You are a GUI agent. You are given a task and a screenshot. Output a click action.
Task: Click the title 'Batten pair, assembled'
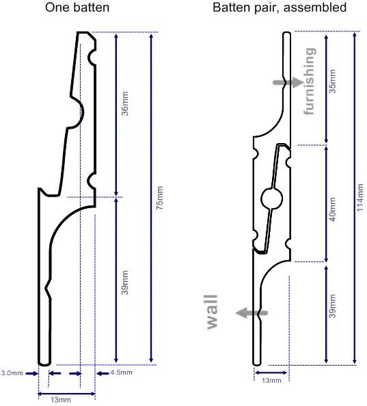pyautogui.click(x=279, y=8)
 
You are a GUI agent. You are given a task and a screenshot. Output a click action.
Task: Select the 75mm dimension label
pyautogui.click(x=160, y=198)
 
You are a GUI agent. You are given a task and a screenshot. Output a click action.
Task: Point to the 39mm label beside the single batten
pyautogui.click(x=125, y=281)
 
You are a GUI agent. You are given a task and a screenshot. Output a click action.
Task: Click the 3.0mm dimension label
pyautogui.click(x=12, y=373)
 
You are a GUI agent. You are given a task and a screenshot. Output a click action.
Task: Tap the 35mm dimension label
pyautogui.click(x=333, y=80)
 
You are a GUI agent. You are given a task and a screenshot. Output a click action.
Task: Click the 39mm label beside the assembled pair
pyautogui.click(x=333, y=305)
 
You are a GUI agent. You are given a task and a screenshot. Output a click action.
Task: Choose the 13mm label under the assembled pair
pyautogui.click(x=271, y=379)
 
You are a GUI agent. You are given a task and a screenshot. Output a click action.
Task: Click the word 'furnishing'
pyautogui.click(x=310, y=81)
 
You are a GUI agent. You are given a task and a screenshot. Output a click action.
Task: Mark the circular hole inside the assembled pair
pyautogui.click(x=271, y=199)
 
